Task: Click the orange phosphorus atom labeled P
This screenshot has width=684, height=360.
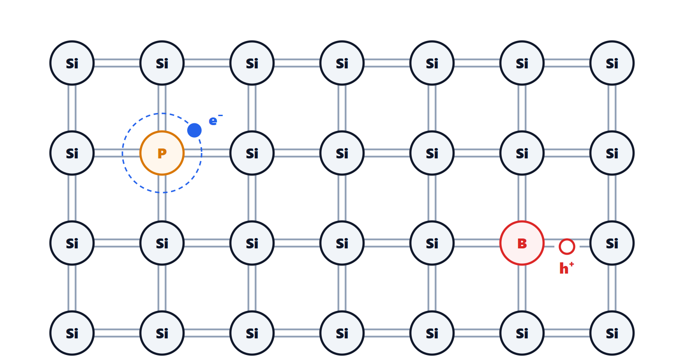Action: coord(162,153)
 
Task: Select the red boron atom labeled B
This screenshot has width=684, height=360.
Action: coord(522,243)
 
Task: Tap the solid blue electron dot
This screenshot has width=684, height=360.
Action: coord(194,130)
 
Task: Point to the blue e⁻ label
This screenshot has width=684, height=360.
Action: coord(216,120)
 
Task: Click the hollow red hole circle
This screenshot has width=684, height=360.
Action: coord(567,247)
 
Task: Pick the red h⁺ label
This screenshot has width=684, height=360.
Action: coord(567,268)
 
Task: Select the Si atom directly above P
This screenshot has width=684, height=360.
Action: coord(162,63)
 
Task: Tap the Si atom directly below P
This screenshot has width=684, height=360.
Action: coord(162,243)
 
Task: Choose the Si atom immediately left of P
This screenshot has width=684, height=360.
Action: coord(72,153)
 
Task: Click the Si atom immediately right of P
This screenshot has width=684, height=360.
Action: coord(252,153)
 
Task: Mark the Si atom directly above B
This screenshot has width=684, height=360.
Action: coord(522,153)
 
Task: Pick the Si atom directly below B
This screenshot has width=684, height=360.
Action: coord(522,333)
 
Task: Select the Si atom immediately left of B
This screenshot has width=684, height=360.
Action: coord(432,243)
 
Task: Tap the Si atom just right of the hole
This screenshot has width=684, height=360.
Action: coord(612,243)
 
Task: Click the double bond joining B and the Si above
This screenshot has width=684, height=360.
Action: coord(522,198)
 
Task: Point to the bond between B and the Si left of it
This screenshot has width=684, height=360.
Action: coord(477,243)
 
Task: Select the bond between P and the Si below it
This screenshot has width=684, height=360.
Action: coord(162,198)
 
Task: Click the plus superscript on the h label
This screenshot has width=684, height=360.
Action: coord(571,264)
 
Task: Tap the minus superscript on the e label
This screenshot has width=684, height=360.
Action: coord(220,115)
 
